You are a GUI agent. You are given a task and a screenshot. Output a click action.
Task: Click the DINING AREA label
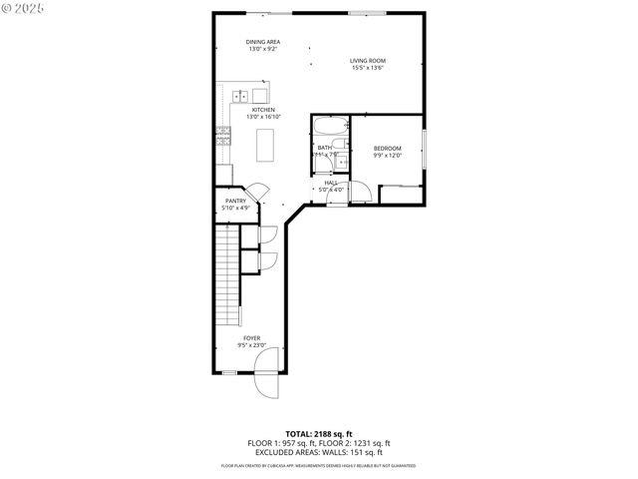263,42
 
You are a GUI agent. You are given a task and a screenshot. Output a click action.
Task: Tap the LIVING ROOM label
368,61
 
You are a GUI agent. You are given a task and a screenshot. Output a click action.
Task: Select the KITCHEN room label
263,109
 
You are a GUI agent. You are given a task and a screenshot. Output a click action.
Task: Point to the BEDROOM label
387,148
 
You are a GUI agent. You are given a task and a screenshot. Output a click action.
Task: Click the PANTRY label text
235,201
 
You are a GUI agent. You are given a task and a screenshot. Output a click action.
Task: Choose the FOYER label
252,338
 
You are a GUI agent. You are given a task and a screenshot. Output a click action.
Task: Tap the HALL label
331,183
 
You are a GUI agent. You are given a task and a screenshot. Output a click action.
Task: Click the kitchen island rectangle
265,147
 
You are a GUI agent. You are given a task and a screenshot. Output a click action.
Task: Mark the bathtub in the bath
330,126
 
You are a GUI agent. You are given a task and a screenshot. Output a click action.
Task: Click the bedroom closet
401,194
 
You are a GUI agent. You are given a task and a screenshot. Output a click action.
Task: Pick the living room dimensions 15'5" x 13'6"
368,68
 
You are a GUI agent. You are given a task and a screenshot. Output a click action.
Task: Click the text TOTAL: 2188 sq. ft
318,434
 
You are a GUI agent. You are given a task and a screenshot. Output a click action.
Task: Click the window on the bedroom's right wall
424,149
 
